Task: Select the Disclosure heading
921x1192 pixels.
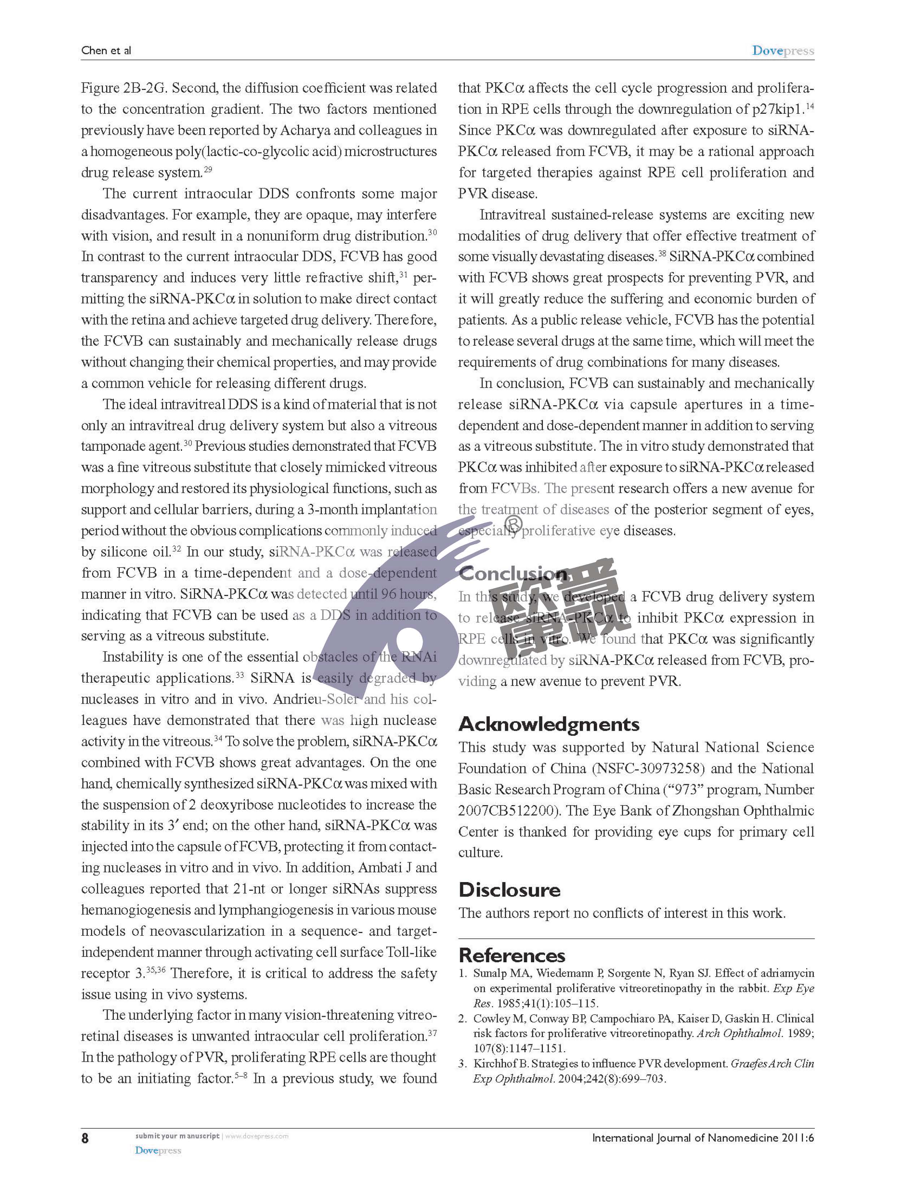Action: click(x=509, y=890)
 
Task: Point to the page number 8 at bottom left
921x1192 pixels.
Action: click(x=85, y=1138)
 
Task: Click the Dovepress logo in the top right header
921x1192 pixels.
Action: click(x=783, y=51)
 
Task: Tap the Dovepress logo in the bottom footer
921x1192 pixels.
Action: click(x=158, y=1150)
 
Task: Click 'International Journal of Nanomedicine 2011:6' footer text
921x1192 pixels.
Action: click(x=703, y=1138)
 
